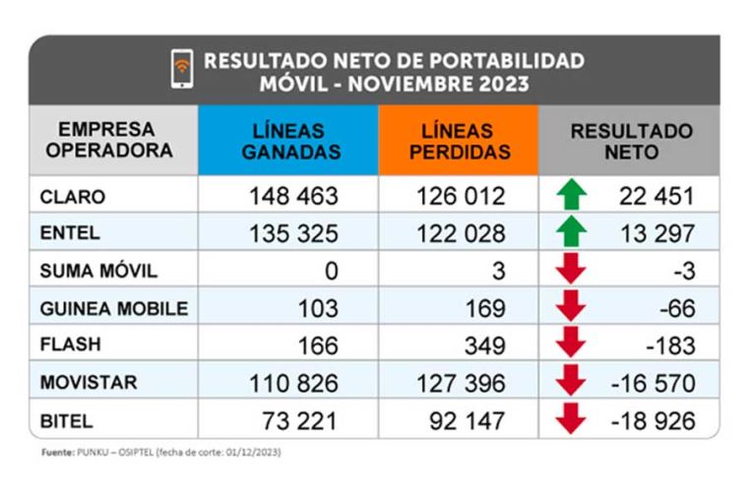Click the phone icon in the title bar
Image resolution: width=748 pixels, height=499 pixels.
pos(180,72)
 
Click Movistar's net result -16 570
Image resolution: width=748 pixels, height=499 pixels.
pos(654,383)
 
